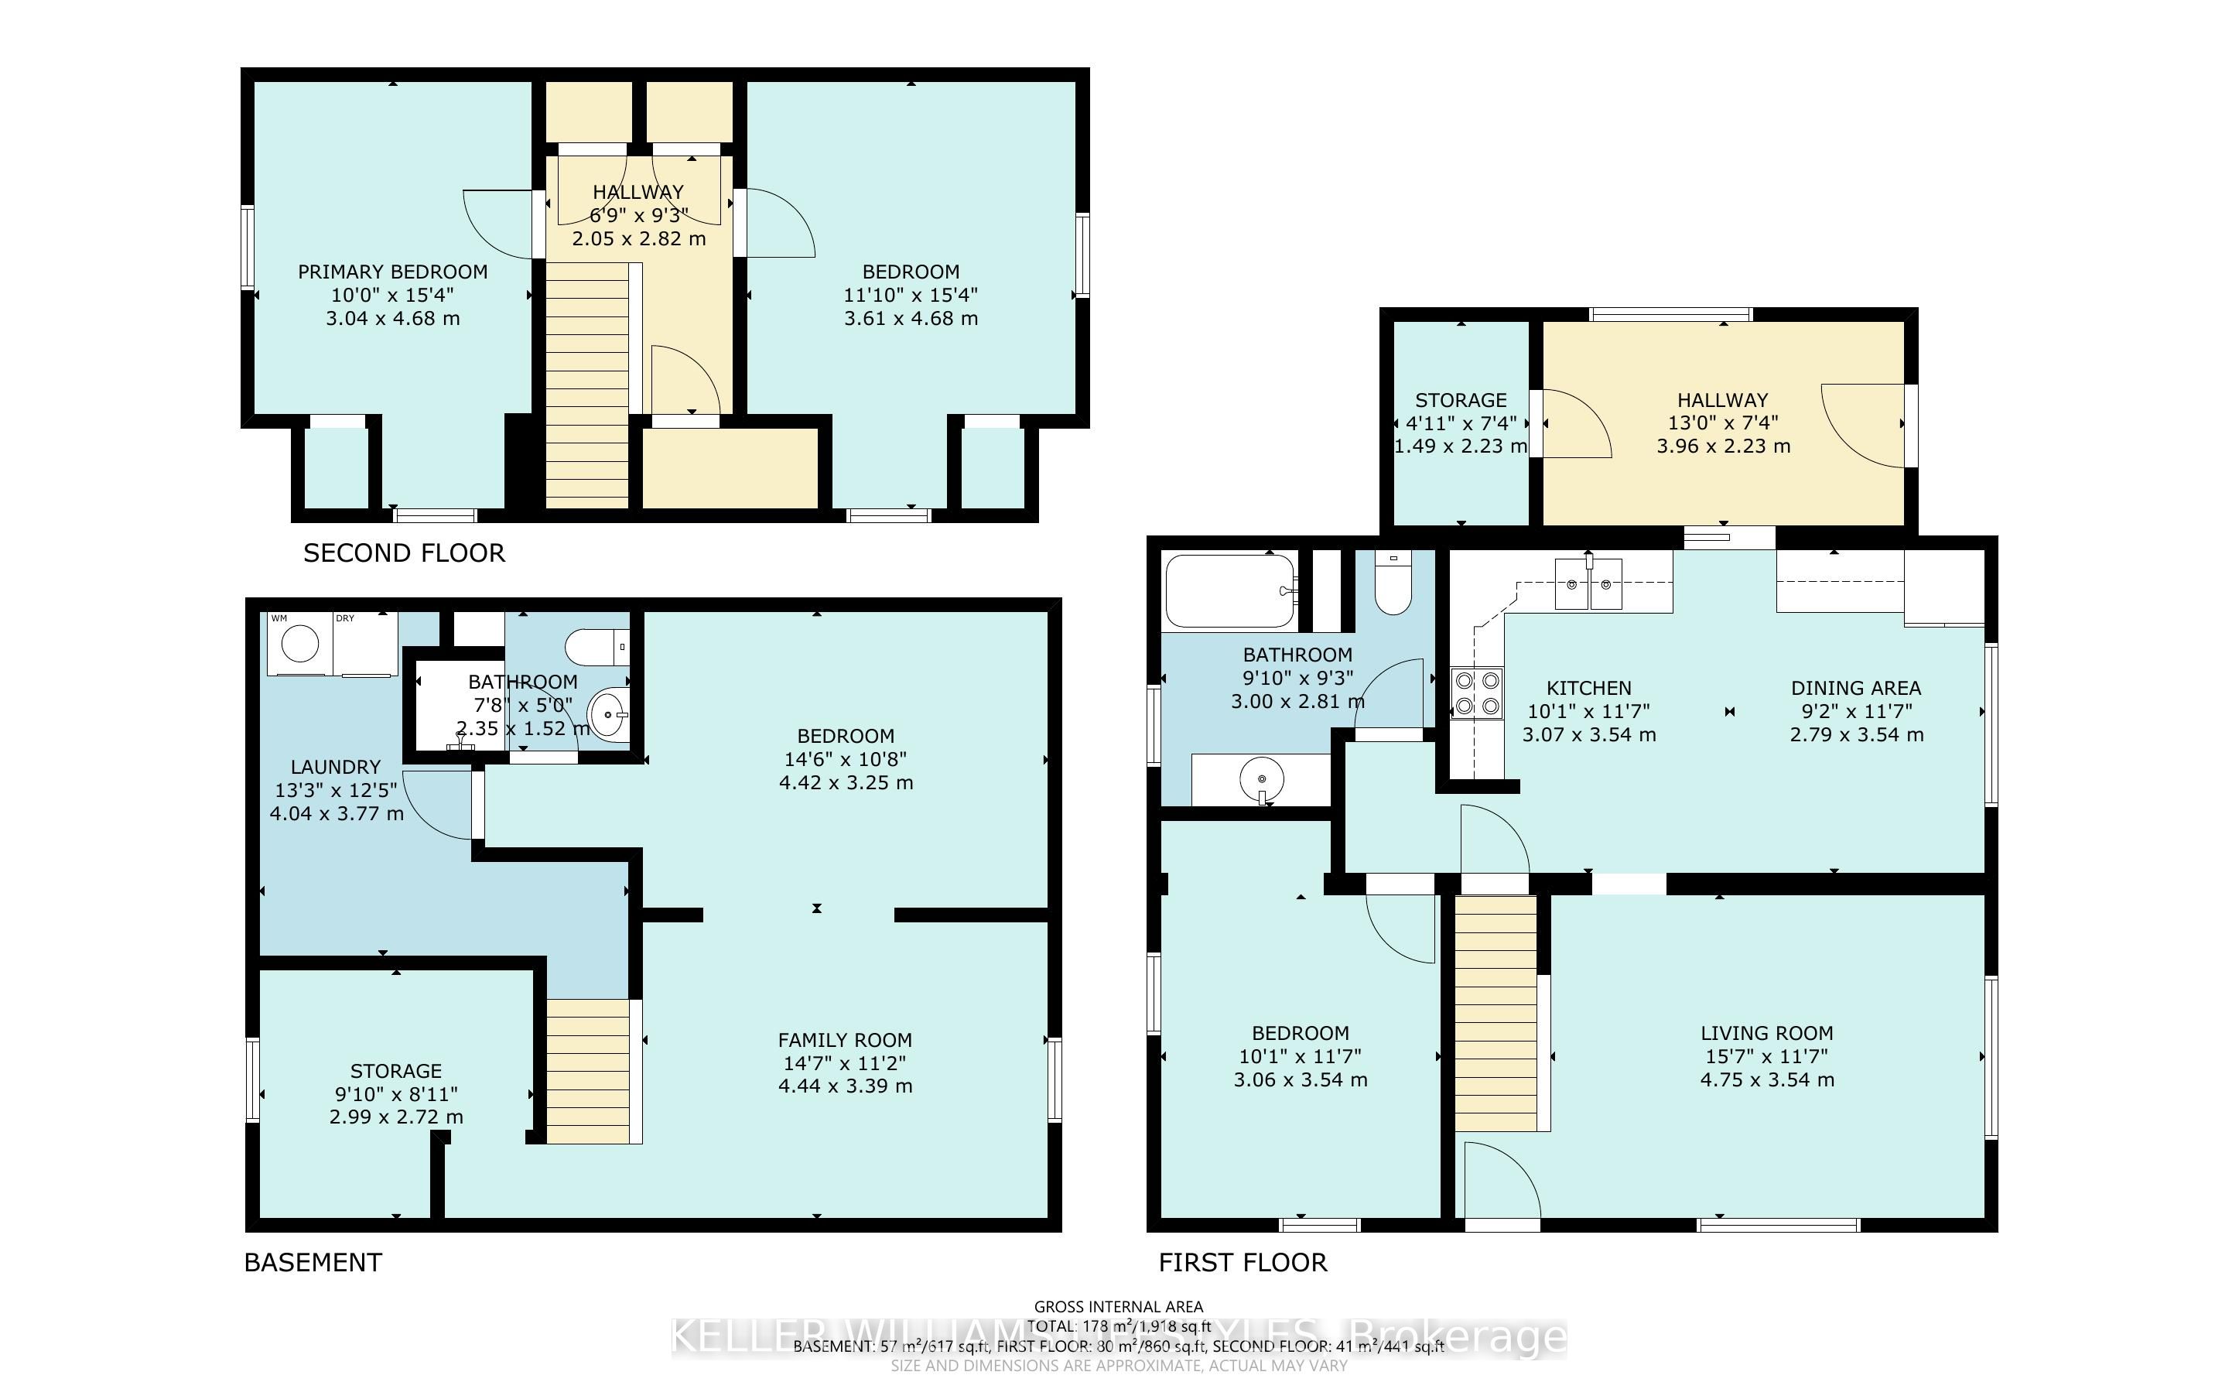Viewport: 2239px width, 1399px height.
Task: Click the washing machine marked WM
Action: click(x=299, y=643)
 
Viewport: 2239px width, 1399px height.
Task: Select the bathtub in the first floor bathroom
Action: click(x=1230, y=590)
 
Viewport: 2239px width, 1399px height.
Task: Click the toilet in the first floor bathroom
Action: click(x=1392, y=584)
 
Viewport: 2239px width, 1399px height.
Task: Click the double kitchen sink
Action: click(x=1589, y=585)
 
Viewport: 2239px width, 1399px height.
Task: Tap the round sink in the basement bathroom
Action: click(x=607, y=714)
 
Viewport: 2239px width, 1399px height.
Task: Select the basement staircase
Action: click(x=588, y=1071)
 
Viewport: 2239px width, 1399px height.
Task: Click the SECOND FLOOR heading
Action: click(x=404, y=553)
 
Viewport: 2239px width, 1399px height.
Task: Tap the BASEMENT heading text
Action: click(x=313, y=1262)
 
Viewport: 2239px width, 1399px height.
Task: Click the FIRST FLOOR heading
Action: click(x=1243, y=1262)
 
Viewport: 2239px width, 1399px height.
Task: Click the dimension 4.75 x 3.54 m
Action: click(x=1766, y=1079)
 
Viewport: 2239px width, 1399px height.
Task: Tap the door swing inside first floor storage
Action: click(x=1575, y=425)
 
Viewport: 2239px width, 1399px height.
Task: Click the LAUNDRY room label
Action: click(x=336, y=767)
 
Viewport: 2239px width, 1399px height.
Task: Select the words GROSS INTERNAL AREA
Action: click(x=1118, y=1306)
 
